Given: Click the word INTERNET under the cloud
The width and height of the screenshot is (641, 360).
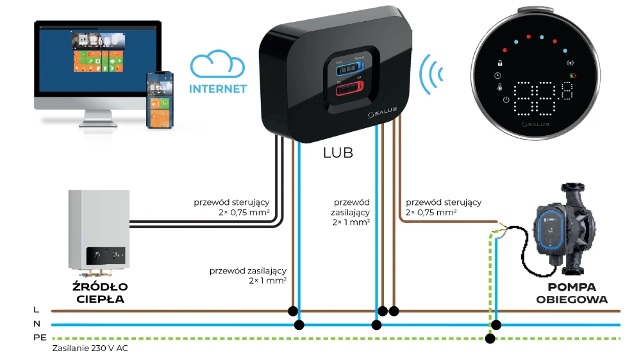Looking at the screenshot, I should coord(218,89).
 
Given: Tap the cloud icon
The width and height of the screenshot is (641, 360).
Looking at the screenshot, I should coord(218,67).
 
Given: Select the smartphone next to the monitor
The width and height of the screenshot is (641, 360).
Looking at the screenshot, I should coord(161,99).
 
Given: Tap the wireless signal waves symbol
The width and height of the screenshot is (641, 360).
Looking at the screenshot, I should coord(433,72).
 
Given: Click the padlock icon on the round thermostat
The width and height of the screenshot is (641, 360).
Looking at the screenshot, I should coord(498,63).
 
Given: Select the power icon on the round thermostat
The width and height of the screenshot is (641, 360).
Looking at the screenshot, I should coord(506,99).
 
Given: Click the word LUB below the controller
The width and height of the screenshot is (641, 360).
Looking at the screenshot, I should coord(338,153).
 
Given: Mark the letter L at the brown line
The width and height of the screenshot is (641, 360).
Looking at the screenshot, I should coord(36,310).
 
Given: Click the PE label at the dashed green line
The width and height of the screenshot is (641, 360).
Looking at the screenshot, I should coord(38,338).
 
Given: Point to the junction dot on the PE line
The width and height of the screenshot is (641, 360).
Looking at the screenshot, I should coord(490,338).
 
